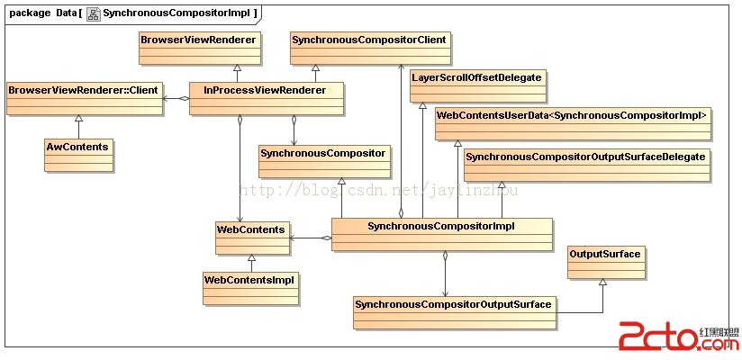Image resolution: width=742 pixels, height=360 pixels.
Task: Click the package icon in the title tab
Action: click(94, 13)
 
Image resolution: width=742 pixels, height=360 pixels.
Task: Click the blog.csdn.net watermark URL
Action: click(378, 190)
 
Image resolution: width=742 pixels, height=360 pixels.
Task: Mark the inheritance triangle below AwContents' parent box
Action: click(78, 120)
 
